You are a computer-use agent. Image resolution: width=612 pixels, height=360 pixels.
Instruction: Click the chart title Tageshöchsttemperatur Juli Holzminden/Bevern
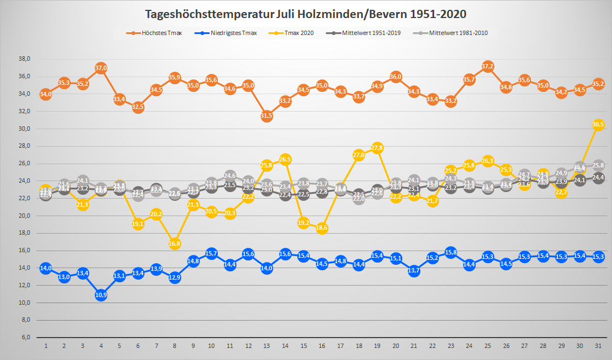pyautogui.click(x=306, y=14)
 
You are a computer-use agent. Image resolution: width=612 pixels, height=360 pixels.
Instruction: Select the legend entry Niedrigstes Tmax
pyautogui.click(x=235, y=33)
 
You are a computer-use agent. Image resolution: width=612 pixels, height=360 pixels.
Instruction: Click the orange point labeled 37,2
pyautogui.click(x=488, y=66)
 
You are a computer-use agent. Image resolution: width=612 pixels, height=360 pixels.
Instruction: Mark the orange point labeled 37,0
pyautogui.click(x=101, y=68)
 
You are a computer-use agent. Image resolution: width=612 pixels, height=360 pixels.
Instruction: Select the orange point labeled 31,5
pyautogui.click(x=267, y=115)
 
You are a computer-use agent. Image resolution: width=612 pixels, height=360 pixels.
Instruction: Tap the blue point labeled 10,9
pyautogui.click(x=101, y=295)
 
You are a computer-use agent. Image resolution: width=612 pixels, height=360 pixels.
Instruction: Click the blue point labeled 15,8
pyautogui.click(x=451, y=252)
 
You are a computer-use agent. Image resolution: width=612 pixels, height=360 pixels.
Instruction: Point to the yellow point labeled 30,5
pyautogui.click(x=598, y=124)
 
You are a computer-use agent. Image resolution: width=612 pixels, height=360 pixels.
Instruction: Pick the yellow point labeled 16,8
pyautogui.click(x=175, y=243)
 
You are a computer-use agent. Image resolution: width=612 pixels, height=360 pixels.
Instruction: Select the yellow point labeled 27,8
pyautogui.click(x=377, y=148)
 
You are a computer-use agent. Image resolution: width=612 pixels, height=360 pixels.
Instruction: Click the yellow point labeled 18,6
pyautogui.click(x=322, y=228)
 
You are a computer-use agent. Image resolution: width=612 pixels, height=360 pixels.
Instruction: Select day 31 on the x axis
pyautogui.click(x=598, y=346)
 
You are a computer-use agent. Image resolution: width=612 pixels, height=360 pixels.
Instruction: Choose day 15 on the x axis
pyautogui.click(x=303, y=346)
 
